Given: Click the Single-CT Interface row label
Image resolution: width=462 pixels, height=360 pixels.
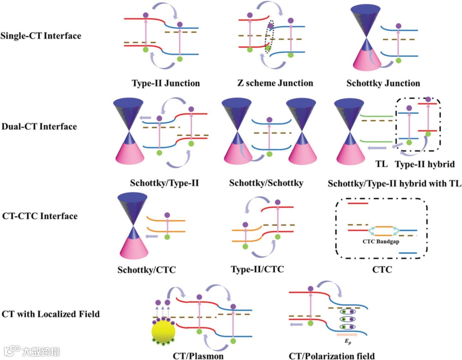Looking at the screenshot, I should tap(41, 36).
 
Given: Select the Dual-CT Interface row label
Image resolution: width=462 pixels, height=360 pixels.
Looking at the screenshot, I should tap(39, 127).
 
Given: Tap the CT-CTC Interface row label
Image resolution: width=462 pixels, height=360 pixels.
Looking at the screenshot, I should tap(39, 216).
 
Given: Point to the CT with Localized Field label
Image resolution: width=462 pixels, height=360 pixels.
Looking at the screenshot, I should tap(51, 314).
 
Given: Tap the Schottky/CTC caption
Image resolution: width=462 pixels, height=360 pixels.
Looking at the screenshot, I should tap(146, 270).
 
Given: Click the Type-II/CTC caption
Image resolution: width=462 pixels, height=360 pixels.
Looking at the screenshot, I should tap(257, 269).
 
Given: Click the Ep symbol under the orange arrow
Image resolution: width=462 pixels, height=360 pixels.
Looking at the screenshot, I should tap(347, 342).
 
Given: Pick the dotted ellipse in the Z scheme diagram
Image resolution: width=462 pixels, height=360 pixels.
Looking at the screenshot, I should tap(269, 36).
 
